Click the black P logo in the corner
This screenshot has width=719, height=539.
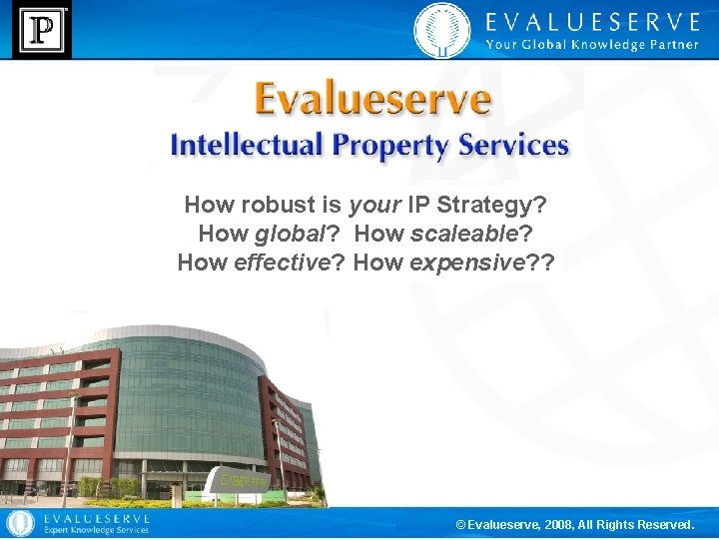coord(41,30)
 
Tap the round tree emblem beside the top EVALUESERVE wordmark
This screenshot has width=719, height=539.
coord(440,30)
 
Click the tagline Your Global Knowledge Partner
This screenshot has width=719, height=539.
coord(591,44)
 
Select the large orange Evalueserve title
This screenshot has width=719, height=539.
coord(371,100)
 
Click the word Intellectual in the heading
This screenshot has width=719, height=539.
coord(247,145)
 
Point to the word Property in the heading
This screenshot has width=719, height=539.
coord(391,146)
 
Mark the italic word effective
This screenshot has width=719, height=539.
coord(280,263)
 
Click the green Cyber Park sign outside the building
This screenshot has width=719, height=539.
coord(239,480)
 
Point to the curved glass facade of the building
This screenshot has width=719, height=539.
coord(190,399)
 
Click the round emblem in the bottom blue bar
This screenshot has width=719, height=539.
coord(19,523)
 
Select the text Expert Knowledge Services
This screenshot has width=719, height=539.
coord(94,530)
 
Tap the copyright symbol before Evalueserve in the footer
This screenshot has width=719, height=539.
coord(460,524)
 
